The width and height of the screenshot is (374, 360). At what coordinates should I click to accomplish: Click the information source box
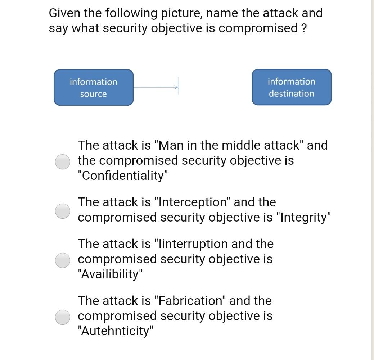[x=94, y=87]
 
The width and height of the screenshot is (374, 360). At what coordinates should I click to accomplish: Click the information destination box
[x=291, y=87]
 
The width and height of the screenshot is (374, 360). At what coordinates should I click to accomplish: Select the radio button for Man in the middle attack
[x=63, y=161]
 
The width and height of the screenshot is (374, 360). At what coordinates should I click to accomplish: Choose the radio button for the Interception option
[x=63, y=211]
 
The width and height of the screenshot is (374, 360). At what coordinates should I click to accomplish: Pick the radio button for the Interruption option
[x=63, y=260]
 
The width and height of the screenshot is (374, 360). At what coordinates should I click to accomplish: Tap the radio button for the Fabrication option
[x=63, y=317]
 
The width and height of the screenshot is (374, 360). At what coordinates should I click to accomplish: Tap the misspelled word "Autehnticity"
[x=116, y=331]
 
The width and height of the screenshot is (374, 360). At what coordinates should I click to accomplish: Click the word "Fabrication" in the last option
[x=190, y=301]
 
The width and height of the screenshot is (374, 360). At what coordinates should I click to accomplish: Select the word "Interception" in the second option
[x=192, y=202]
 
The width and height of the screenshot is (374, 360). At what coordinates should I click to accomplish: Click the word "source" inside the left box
[x=94, y=94]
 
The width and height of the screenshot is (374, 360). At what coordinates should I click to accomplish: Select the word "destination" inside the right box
[x=291, y=94]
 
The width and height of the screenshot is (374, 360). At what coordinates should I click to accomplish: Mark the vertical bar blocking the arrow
[x=178, y=86]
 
